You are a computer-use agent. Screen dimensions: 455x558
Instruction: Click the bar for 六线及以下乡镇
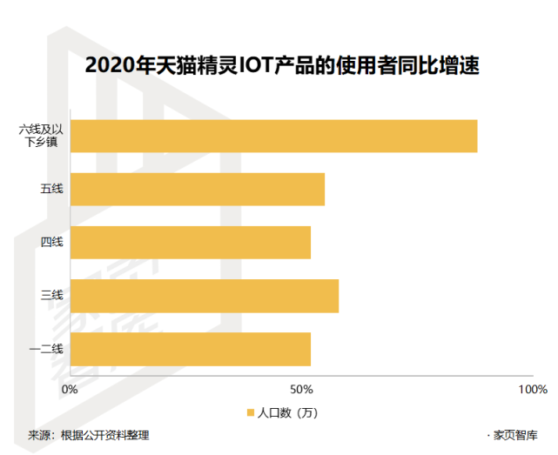coord(273,136)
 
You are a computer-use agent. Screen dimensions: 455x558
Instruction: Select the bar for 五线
coord(198,189)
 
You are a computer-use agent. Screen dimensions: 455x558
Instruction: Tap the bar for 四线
coord(191,242)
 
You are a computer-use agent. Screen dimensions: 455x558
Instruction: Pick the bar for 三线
coord(205,296)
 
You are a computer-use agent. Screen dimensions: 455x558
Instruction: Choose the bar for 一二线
coord(191,349)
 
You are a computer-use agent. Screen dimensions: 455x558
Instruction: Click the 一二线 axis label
coord(46,349)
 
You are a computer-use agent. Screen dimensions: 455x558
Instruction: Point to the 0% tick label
coord(71,388)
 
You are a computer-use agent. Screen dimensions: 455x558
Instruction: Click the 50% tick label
coord(300,388)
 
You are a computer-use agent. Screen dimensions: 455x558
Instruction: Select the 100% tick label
coord(532,388)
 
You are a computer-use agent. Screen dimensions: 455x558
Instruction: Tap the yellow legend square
coord(248,412)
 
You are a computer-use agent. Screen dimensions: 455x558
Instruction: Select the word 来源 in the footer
coord(39,435)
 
